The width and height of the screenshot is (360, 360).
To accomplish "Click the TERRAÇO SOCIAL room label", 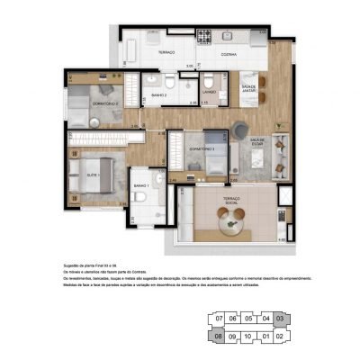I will [x=231, y=204].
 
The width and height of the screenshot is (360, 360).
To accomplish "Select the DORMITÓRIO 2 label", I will [x=106, y=103].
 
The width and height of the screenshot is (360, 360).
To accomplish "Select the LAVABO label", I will [x=209, y=92].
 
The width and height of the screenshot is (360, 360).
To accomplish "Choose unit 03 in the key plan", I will [x=279, y=318].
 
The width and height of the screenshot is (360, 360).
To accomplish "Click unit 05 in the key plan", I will [x=248, y=318].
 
